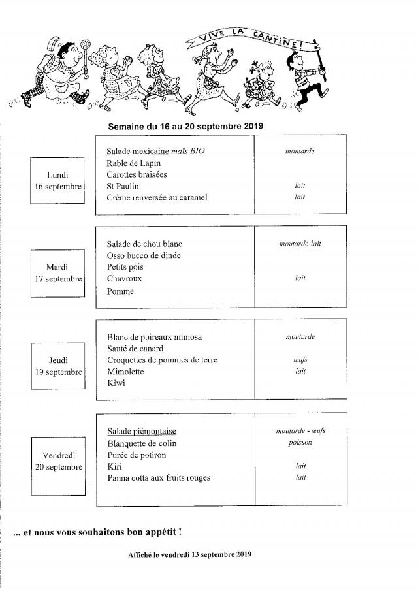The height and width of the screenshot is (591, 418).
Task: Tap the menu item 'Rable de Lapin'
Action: [x=133, y=163]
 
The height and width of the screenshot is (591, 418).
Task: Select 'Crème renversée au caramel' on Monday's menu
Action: [x=157, y=197]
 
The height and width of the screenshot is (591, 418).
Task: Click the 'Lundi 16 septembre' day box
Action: [x=58, y=180]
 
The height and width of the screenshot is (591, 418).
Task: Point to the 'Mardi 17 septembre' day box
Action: [x=58, y=272]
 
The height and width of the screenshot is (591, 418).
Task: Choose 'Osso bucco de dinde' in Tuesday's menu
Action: [x=144, y=255]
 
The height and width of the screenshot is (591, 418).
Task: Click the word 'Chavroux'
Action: [x=124, y=278]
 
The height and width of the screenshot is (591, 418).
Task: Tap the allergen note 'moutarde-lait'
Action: [x=300, y=244]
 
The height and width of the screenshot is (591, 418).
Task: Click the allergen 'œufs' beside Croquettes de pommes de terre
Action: [x=300, y=360]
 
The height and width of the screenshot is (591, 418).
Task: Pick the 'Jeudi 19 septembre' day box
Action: [x=58, y=366]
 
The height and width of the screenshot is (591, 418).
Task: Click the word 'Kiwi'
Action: [x=115, y=383]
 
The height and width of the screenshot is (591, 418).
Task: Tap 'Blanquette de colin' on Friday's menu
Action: [x=141, y=443]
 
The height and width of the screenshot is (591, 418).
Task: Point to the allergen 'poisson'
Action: [x=300, y=442]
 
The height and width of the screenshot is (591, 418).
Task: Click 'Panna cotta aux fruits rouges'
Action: [x=158, y=478]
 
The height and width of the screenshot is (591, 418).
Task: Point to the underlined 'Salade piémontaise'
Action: [x=141, y=431]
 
